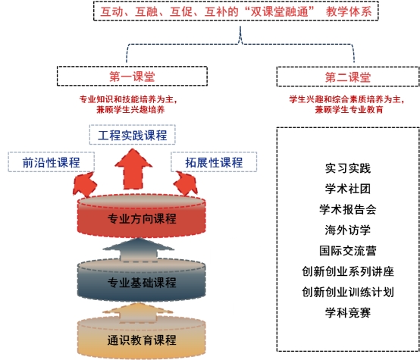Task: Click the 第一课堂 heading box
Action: point(132,77)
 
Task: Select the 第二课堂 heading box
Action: point(348,77)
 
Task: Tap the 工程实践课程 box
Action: point(133,135)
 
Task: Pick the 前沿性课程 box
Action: point(51,162)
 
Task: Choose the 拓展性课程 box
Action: point(214,162)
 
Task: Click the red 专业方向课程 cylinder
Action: point(142,217)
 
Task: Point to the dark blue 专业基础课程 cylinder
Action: point(142,280)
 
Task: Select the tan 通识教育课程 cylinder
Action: point(142,338)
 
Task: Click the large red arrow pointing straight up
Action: point(133,169)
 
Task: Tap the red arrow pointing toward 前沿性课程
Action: point(84,184)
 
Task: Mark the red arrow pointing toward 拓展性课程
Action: point(186,183)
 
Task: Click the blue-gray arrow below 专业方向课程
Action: point(138,250)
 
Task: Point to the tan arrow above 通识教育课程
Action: point(138,313)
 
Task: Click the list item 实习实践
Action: point(348,168)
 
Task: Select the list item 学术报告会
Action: point(348,209)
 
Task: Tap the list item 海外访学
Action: point(348,230)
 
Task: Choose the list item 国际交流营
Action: point(348,251)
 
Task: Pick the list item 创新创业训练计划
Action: point(348,292)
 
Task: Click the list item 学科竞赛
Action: point(348,312)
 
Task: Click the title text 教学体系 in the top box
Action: point(349,11)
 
